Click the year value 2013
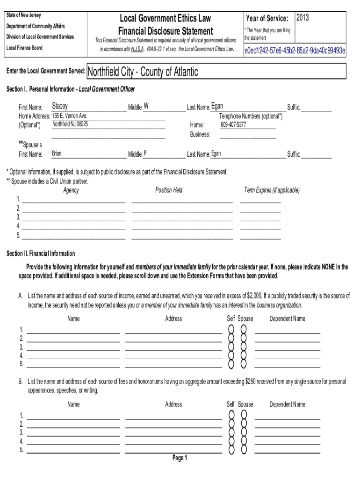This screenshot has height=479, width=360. point(302,18)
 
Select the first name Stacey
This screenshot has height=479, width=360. point(60,106)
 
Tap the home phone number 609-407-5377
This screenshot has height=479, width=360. point(233,125)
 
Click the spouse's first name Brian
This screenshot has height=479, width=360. point(57,153)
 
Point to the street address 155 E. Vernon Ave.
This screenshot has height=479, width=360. point(70,116)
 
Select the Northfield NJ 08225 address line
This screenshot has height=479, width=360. point(70,124)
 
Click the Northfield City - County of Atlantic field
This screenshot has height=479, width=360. point(143,72)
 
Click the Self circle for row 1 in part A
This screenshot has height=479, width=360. point(231,329)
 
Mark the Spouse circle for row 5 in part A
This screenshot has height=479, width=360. point(244,364)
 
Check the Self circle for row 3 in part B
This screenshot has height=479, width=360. point(231,433)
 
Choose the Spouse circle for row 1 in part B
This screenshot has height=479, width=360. point(244,415)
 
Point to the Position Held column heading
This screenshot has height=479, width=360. point(169,190)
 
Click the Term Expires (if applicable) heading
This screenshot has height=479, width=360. point(272,190)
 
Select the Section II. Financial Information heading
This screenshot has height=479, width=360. point(41,254)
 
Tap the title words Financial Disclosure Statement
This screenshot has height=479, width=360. point(166,31)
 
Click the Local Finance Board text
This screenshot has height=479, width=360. point(24,48)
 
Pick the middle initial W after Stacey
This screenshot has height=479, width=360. point(146,106)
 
